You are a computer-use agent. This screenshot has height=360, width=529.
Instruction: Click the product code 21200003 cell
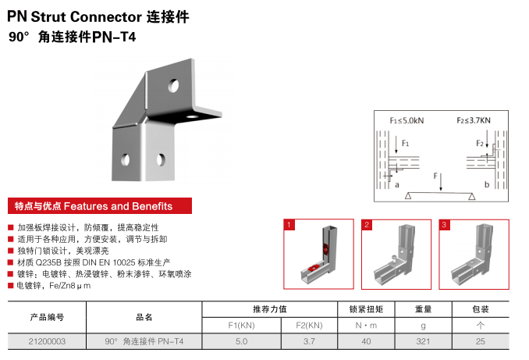47,341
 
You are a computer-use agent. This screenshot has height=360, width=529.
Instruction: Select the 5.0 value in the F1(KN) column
241,341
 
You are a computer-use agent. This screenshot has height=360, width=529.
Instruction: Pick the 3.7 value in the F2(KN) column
309,341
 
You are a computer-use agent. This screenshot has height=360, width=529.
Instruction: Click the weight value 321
424,341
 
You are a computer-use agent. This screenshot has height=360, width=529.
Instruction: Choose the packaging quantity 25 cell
481,341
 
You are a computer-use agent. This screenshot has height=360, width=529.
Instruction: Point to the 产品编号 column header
47,317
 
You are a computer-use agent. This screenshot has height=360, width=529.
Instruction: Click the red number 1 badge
289,225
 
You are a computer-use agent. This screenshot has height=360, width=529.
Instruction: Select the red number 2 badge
367,225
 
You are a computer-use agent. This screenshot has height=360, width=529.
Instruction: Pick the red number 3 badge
444,225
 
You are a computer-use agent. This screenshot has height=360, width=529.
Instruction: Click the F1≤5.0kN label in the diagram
407,121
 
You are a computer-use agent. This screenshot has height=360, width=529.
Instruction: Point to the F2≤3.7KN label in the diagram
473,121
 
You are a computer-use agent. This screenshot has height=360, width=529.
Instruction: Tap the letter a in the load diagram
397,184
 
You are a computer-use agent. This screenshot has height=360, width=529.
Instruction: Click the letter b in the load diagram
486,184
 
